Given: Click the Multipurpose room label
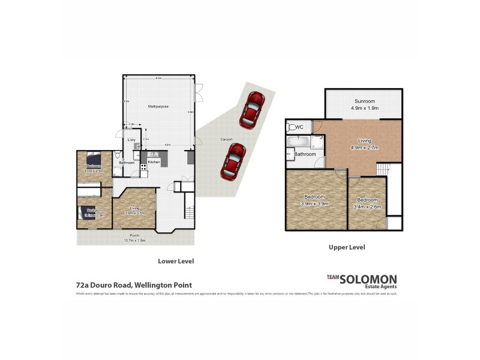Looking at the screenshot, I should pyautogui.click(x=158, y=106).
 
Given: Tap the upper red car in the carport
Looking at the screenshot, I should pyautogui.click(x=252, y=109).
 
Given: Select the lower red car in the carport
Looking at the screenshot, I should pyautogui.click(x=231, y=161).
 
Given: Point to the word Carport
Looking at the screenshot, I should pyautogui.click(x=227, y=139).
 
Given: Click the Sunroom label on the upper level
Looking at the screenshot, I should pyautogui.click(x=364, y=101).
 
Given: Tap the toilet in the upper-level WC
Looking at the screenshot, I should pyautogui.click(x=290, y=127).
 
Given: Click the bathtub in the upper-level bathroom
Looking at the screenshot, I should pyautogui.click(x=296, y=142).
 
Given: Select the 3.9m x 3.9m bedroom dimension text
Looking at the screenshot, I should pyautogui.click(x=314, y=203).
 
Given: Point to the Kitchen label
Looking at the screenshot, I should pyautogui.click(x=154, y=162).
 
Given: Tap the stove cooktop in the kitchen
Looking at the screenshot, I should pyautogui.click(x=143, y=167).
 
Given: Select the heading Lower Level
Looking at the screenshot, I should pyautogui.click(x=176, y=261).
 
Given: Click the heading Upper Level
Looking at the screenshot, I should pyautogui.click(x=347, y=247).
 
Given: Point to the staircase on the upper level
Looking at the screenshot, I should pyautogui.click(x=384, y=170).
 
